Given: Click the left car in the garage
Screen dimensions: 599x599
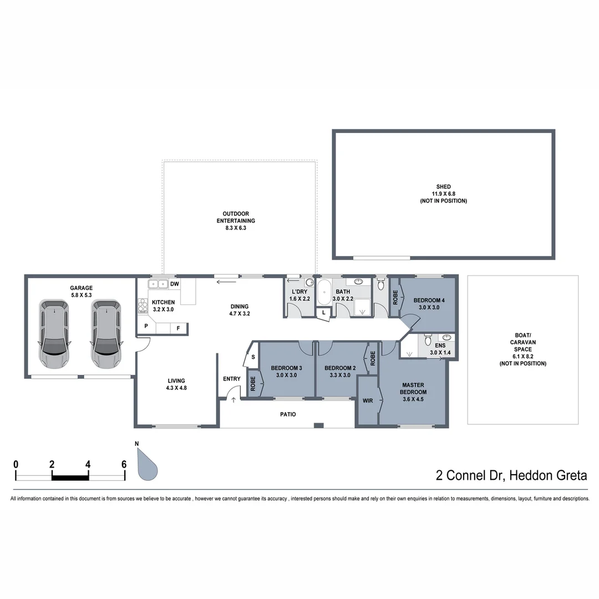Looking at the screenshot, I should point(54,334).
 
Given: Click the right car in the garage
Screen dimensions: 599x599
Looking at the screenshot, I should point(106,334).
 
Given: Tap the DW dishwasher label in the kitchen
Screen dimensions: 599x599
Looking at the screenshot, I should point(174,285).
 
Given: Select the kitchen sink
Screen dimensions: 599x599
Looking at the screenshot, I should point(158,285).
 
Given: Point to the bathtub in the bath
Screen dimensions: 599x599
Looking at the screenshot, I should point(324,291).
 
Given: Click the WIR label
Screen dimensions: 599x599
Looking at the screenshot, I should point(367,400).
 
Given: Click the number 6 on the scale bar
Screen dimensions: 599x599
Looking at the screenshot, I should point(124,464).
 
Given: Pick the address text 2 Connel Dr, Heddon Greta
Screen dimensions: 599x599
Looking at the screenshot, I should point(511,475).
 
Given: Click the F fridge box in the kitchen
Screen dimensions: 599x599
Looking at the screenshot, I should point(179,328).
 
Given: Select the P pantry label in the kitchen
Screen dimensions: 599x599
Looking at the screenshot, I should point(146,327).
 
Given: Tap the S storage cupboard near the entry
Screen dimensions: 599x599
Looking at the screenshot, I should point(253,358).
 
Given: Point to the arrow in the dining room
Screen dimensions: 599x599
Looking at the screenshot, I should point(226,282).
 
